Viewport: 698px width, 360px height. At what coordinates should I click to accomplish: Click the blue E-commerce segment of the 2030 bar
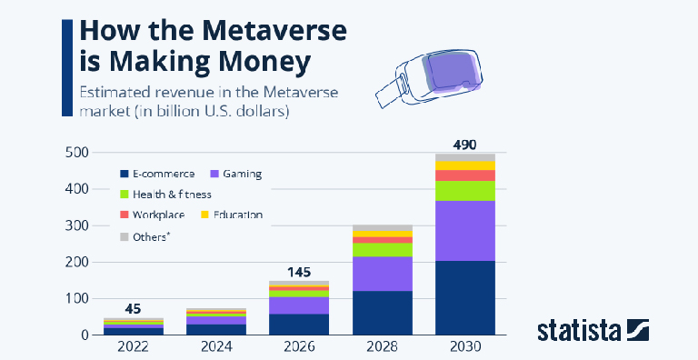(x=464, y=297)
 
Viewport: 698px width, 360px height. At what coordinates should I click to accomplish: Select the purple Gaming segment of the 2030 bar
(x=464, y=231)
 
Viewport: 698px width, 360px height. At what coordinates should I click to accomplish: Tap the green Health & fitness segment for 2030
(x=464, y=191)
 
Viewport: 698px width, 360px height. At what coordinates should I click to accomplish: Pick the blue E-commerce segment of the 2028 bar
(x=382, y=313)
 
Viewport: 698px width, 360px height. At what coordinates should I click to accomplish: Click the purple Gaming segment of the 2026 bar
(x=300, y=305)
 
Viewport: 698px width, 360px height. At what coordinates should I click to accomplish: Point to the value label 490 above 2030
(x=464, y=143)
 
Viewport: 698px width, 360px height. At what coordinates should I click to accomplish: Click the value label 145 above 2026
(x=300, y=271)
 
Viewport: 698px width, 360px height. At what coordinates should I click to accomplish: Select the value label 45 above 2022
(x=133, y=308)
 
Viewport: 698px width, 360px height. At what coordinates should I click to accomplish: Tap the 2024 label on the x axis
(x=216, y=346)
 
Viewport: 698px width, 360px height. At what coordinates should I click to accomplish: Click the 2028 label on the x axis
(x=382, y=346)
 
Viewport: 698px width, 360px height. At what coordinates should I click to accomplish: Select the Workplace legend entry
(x=158, y=215)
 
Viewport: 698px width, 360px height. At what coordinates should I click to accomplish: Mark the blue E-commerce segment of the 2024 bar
(x=216, y=329)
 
